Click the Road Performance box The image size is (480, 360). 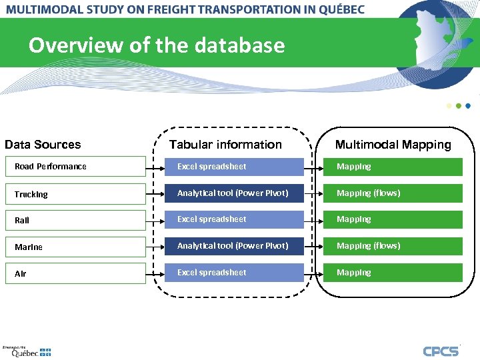[x=75, y=167]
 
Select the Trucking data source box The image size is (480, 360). [x=75, y=194]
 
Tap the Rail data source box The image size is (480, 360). [x=75, y=220]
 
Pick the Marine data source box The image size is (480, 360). [x=75, y=247]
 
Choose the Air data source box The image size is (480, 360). [x=75, y=273]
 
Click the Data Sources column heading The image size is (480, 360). [x=43, y=145]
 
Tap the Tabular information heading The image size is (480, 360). [x=225, y=145]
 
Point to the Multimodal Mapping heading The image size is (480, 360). [x=393, y=145]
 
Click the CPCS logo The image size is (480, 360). [x=441, y=351]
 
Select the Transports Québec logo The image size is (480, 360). [x=27, y=351]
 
